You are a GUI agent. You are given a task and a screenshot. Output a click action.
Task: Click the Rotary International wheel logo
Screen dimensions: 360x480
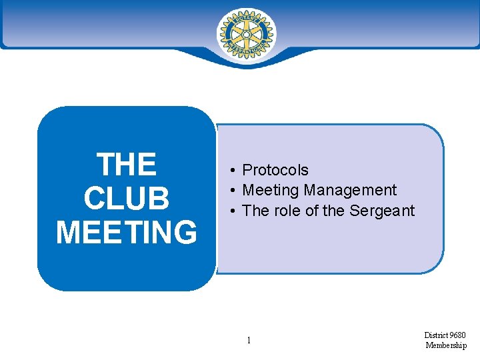point(246,33)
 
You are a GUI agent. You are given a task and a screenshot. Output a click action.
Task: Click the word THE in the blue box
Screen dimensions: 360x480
point(127,165)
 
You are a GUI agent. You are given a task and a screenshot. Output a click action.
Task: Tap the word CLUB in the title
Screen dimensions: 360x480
point(127,199)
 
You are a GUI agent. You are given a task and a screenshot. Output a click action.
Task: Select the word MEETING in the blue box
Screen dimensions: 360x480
point(127,233)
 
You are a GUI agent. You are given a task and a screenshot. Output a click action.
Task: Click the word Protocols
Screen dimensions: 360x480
point(275,171)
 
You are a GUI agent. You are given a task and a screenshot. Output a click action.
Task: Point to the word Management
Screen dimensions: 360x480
point(350,191)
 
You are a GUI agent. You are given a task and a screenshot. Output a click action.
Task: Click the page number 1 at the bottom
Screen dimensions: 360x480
point(248,341)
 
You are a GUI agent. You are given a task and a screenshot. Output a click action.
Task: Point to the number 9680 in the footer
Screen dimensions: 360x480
point(457,335)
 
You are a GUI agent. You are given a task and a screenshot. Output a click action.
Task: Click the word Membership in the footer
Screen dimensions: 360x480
point(446,345)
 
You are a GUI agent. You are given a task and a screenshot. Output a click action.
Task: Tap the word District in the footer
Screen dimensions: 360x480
point(435,335)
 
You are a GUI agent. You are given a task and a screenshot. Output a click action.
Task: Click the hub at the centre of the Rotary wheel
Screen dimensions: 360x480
point(246,33)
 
